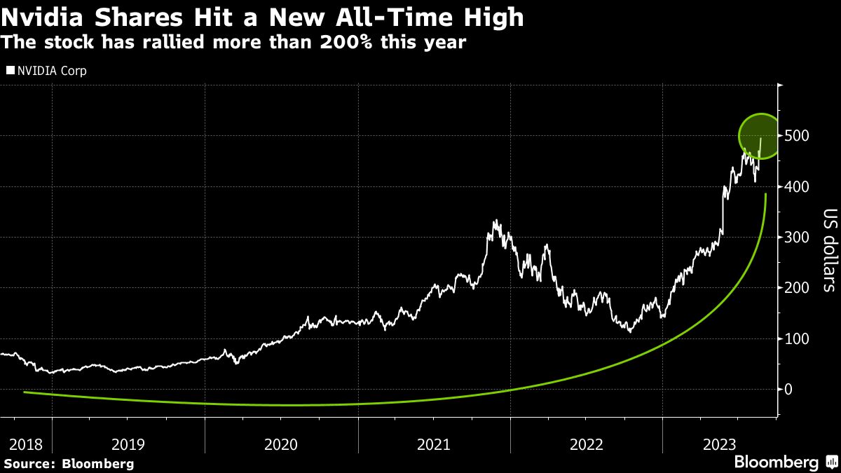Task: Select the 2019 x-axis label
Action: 128,444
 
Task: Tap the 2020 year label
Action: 280,444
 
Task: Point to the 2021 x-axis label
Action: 433,444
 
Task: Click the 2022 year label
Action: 586,444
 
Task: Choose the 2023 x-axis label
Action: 720,444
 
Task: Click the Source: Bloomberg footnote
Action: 69,463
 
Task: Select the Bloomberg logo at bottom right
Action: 784,462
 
